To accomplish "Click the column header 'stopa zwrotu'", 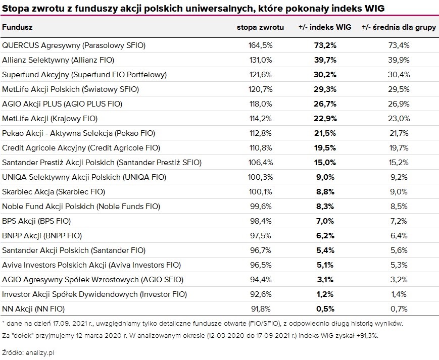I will (x=260, y=27).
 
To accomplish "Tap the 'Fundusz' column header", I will (x=18, y=27).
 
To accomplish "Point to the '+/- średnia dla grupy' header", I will (x=399, y=27).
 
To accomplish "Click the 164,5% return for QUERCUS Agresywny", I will (x=261, y=45).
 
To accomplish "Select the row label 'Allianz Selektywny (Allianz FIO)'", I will (x=58, y=60).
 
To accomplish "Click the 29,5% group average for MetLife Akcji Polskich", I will (x=399, y=89).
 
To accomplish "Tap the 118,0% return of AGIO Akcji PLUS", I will (x=261, y=104).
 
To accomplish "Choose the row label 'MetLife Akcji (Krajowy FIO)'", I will (x=50, y=118).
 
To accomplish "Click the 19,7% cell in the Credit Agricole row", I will (x=399, y=148).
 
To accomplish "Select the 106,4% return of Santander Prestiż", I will (x=261, y=163).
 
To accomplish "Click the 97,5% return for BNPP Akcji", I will (x=261, y=236).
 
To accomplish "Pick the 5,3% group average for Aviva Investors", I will (x=399, y=265).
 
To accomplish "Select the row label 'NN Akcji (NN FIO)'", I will (x=34, y=309).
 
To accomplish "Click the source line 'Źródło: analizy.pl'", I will (x=28, y=353).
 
